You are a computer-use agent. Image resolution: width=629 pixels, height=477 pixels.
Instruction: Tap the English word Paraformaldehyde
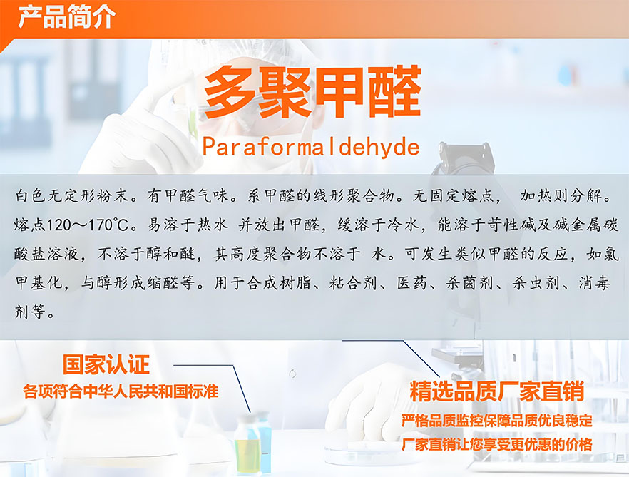[x=311, y=147]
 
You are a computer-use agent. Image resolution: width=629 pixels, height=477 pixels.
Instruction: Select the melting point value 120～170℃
[x=88, y=225]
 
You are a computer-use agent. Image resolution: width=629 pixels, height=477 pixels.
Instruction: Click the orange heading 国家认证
[x=106, y=364]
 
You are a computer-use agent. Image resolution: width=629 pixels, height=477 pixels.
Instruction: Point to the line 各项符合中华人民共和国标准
[x=121, y=391]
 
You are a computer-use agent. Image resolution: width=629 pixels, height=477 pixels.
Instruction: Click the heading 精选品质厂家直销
[x=496, y=391]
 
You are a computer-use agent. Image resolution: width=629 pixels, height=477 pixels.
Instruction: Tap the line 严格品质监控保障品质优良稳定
[x=496, y=421]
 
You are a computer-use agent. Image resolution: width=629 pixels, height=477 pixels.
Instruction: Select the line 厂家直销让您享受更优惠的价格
[x=496, y=444]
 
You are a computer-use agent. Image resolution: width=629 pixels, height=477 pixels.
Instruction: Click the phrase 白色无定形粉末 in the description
[x=72, y=196]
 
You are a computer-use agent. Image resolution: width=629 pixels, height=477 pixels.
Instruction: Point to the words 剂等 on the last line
[x=30, y=312]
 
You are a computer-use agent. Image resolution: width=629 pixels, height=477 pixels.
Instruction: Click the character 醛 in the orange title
[x=395, y=92]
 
